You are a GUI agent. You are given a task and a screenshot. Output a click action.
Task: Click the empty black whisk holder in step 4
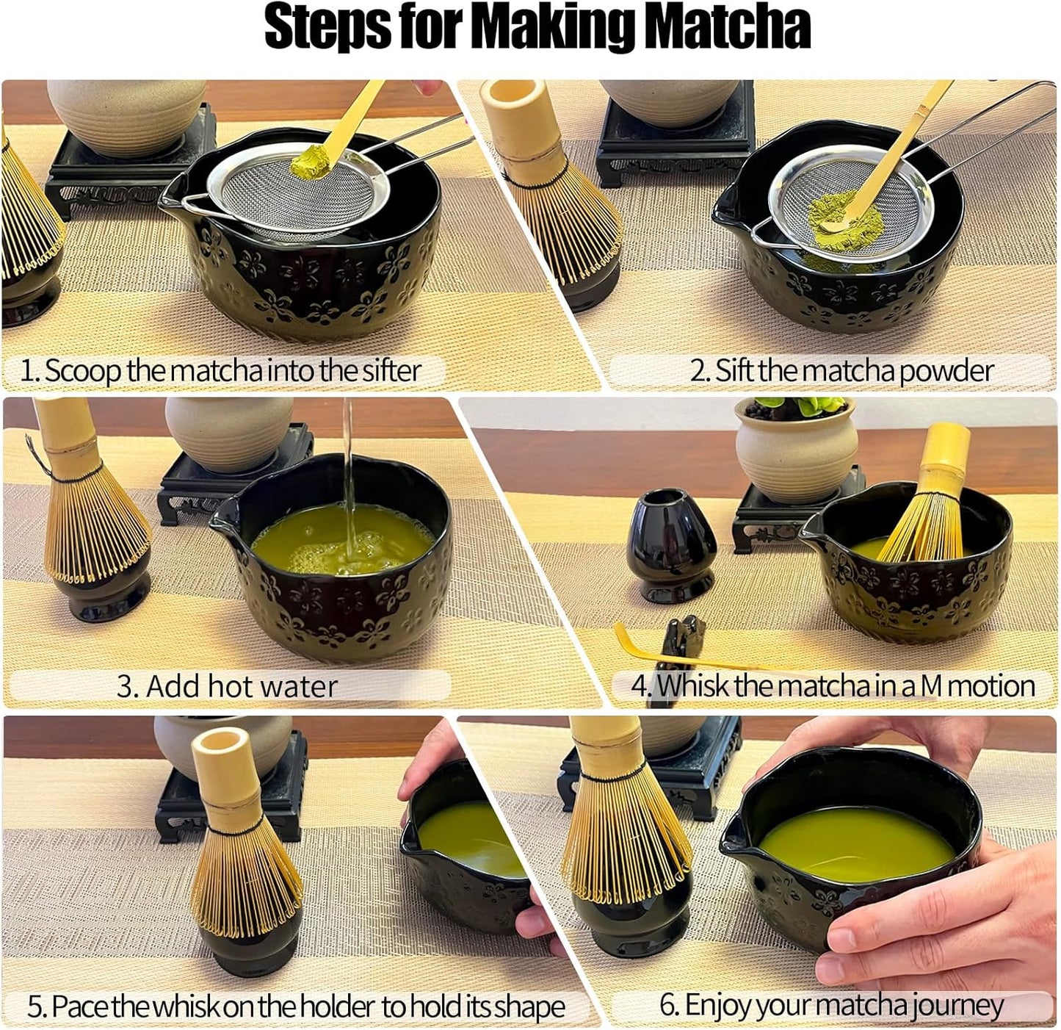[x=671, y=547]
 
